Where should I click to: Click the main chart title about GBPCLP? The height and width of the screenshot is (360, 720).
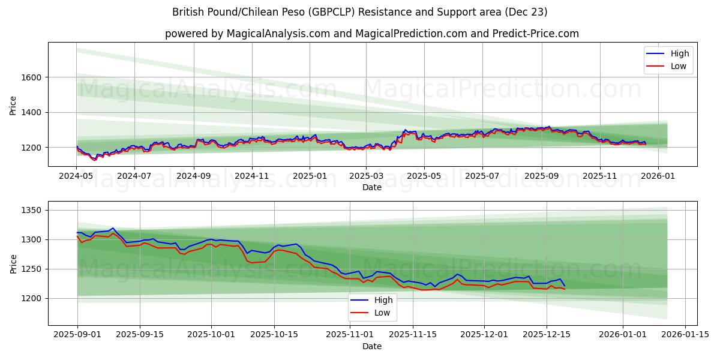coord(359,12)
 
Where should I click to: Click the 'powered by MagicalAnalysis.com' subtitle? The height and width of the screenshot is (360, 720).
coord(371,34)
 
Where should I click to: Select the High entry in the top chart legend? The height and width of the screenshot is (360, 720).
coord(679,53)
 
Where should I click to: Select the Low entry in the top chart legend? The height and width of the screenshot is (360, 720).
coord(678,66)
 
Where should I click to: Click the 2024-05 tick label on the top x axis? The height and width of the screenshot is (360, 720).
coord(76,177)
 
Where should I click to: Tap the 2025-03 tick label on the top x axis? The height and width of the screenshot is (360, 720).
coord(366,177)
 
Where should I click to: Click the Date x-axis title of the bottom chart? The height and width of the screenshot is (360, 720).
coord(372,347)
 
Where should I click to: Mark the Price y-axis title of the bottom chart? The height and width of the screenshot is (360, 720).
coord(13,264)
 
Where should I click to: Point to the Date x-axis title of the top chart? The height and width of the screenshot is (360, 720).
coord(372,187)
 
